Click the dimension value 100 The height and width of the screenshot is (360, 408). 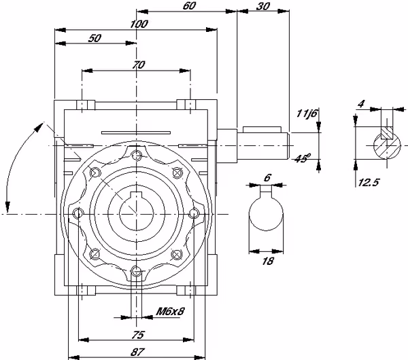[139, 24]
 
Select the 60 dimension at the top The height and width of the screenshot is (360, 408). [189, 6]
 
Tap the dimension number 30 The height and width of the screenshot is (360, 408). [262, 6]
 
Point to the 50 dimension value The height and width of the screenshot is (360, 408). [95, 38]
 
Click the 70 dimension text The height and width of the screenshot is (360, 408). [139, 65]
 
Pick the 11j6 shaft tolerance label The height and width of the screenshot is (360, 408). [307, 113]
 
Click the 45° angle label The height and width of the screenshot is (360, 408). [303, 158]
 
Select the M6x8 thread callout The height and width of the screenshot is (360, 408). [170, 311]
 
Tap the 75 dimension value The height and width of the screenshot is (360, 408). [137, 335]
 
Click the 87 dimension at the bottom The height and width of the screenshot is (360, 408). [137, 352]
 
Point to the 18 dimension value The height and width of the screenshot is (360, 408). [268, 261]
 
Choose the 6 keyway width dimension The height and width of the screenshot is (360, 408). [267, 177]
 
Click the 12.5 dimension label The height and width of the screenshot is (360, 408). [369, 183]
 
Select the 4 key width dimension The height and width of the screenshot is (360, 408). [361, 104]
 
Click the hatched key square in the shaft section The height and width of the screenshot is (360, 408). [387, 133]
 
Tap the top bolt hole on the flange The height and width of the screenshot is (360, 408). [136, 156]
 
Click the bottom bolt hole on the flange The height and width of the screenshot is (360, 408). [136, 272]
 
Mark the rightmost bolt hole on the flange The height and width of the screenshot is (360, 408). [194, 213]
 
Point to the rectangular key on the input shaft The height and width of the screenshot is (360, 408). [262, 130]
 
